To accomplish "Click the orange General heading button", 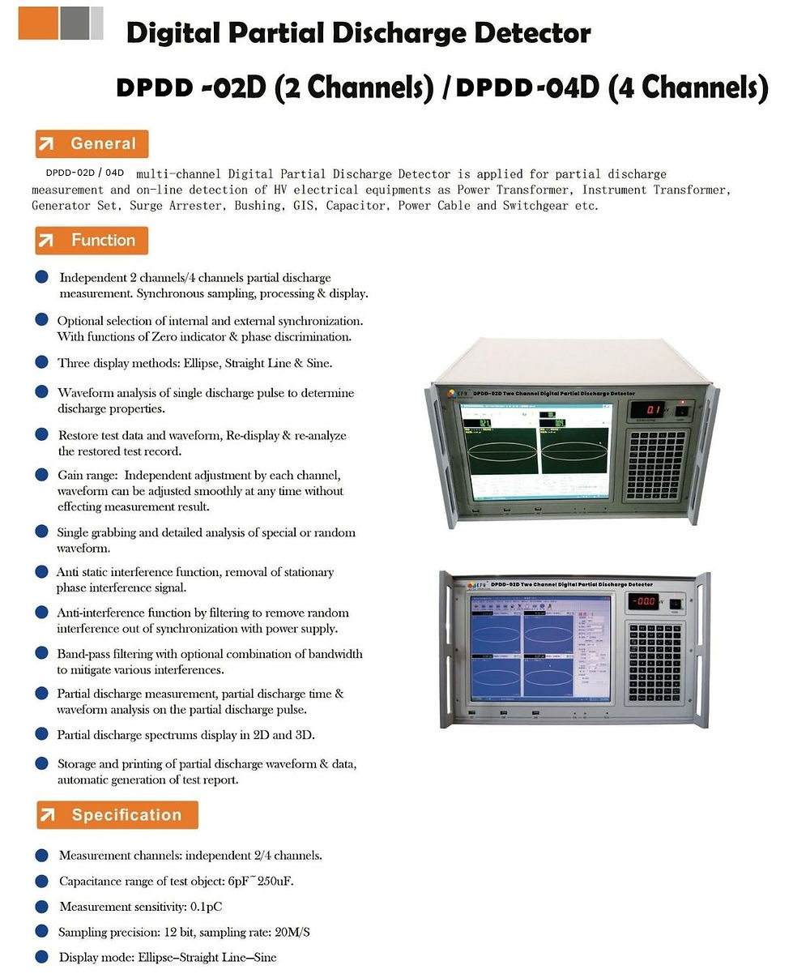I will (x=92, y=143).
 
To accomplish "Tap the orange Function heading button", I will (x=92, y=240).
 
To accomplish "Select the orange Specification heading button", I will (x=117, y=815).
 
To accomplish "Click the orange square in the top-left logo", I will (x=38, y=22).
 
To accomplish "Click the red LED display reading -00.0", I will (x=646, y=601).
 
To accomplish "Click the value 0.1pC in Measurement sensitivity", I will (x=207, y=907).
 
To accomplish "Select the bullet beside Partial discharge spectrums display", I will (x=41, y=734).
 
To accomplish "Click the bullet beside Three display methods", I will (x=41, y=362).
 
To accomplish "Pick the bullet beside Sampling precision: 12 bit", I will (x=41, y=932).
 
